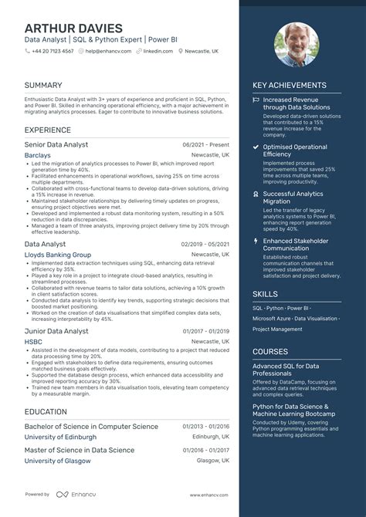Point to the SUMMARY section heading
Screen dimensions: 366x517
(42, 85)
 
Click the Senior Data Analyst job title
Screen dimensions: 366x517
(56, 144)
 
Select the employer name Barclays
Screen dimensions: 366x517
(38, 155)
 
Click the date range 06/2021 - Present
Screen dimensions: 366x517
(206, 145)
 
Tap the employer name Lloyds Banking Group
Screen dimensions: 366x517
(58, 255)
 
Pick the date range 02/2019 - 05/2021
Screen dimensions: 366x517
(205, 244)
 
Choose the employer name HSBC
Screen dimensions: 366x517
(33, 342)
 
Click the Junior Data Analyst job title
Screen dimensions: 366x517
(56, 331)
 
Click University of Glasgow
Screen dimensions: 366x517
(58, 461)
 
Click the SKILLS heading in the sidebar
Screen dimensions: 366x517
(265, 294)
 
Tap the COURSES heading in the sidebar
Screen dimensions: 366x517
(270, 351)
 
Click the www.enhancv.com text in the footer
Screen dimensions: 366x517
(209, 494)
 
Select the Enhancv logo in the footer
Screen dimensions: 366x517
(73, 494)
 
